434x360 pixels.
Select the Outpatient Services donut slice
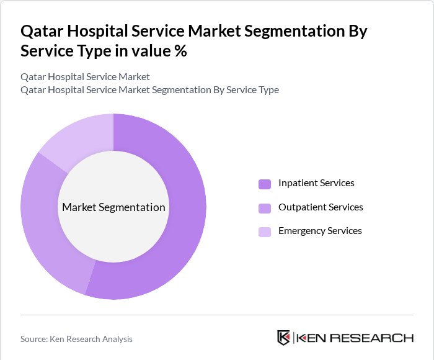tap(46, 230)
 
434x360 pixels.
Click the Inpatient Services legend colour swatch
tap(265, 184)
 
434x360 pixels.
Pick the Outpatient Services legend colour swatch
tap(265, 208)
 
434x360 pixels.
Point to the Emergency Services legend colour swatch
tap(265, 232)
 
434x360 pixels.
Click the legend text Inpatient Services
tap(316, 183)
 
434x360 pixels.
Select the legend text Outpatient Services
tap(321, 207)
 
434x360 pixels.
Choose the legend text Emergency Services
tap(320, 231)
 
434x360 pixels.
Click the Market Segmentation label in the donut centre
tap(113, 207)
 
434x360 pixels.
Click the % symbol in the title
tap(180, 51)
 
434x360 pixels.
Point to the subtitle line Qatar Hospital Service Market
tap(85, 77)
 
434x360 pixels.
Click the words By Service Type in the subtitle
tap(246, 90)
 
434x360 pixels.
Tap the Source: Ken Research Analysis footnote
tap(76, 339)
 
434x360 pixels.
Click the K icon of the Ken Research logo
tap(284, 338)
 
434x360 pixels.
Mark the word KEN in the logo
tap(312, 338)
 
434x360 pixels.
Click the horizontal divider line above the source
tap(217, 315)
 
